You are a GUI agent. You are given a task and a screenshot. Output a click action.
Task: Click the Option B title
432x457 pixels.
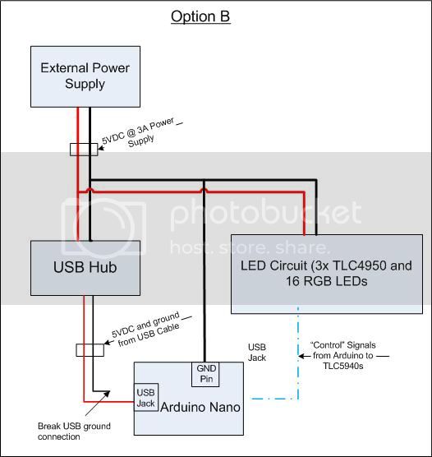(x=200, y=16)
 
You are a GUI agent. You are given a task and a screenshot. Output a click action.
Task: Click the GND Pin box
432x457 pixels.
(x=204, y=374)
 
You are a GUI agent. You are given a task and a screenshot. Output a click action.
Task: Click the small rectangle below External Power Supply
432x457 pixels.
(x=83, y=150)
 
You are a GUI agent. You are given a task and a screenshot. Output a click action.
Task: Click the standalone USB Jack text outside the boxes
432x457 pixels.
(x=257, y=351)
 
